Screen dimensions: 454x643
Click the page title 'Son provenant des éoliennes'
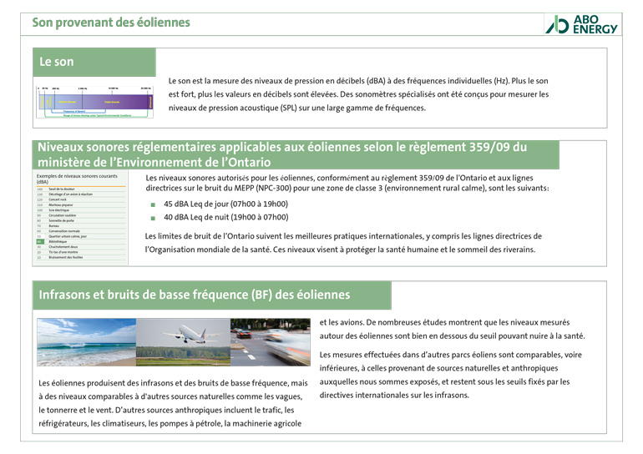[x=111, y=23]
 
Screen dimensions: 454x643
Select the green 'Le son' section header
[x=57, y=62]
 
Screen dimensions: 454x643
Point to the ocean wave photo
[x=85, y=342]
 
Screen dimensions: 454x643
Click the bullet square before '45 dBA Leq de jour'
[x=153, y=204]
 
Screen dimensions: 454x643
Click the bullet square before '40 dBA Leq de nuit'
[x=153, y=219]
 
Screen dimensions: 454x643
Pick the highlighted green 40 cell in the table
[x=38, y=241]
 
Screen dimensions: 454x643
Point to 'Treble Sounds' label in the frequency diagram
[x=112, y=102]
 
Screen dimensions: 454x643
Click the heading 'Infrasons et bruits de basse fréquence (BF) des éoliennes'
[x=195, y=295]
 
